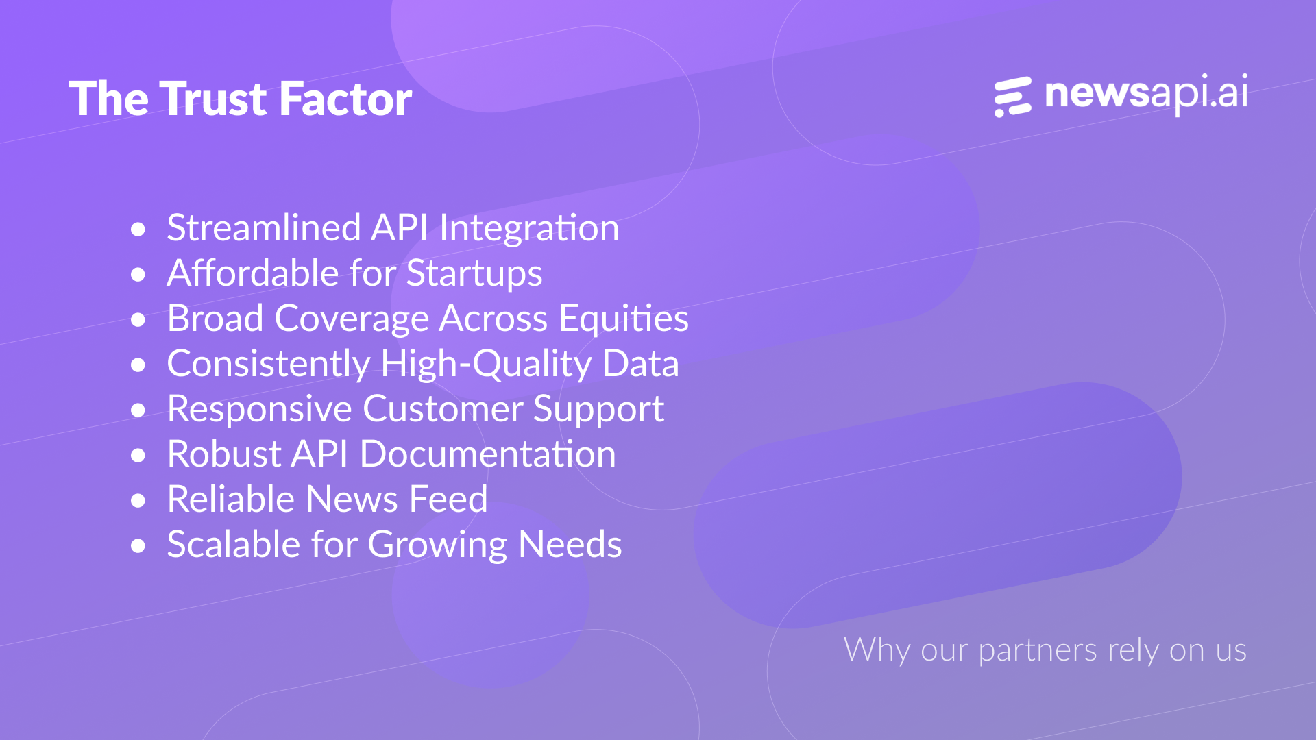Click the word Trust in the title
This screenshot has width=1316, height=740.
point(214,99)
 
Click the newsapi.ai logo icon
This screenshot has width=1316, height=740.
point(1013,97)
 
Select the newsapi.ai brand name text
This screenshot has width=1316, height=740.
point(1146,94)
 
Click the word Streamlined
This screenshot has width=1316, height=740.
point(264,227)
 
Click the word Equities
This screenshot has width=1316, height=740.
point(624,319)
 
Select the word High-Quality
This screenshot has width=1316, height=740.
point(486,365)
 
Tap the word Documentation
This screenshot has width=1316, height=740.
point(487,454)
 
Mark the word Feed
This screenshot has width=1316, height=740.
point(448,499)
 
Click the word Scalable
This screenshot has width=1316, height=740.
point(234,544)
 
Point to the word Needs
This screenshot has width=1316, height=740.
point(570,544)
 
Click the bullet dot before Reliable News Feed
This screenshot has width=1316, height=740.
point(138,500)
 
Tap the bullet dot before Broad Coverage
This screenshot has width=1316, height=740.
point(138,319)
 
